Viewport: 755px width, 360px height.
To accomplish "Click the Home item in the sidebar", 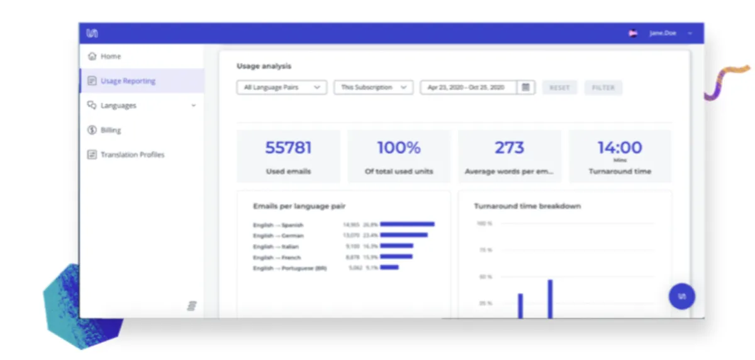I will coord(110,57).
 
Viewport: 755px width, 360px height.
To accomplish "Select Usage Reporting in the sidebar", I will coord(128,81).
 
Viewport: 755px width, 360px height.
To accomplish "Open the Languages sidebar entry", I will coord(118,106).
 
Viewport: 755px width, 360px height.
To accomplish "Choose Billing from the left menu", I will coord(111,130).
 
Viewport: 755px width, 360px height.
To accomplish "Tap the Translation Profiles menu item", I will coord(132,155).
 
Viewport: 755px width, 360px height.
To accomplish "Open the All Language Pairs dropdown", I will coord(281,87).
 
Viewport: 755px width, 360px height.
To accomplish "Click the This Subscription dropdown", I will coord(373,87).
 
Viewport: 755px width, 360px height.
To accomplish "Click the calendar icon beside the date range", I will coord(526,87).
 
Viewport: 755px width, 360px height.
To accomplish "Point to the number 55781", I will coord(288,148).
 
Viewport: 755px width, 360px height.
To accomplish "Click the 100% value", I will coord(399,148).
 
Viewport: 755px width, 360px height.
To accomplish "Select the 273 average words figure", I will coord(509,148).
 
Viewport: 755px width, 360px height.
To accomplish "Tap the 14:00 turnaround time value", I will coord(620,148).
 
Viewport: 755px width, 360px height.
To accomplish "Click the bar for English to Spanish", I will coord(407,224).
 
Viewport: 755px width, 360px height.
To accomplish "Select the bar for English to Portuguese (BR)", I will coord(389,267).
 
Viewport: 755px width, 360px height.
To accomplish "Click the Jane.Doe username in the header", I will coord(663,33).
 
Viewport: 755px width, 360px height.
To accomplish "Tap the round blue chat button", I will coord(682,296).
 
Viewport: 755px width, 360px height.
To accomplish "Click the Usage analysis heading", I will coord(264,66).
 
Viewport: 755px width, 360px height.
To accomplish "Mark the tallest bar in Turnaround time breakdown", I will coord(550,299).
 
